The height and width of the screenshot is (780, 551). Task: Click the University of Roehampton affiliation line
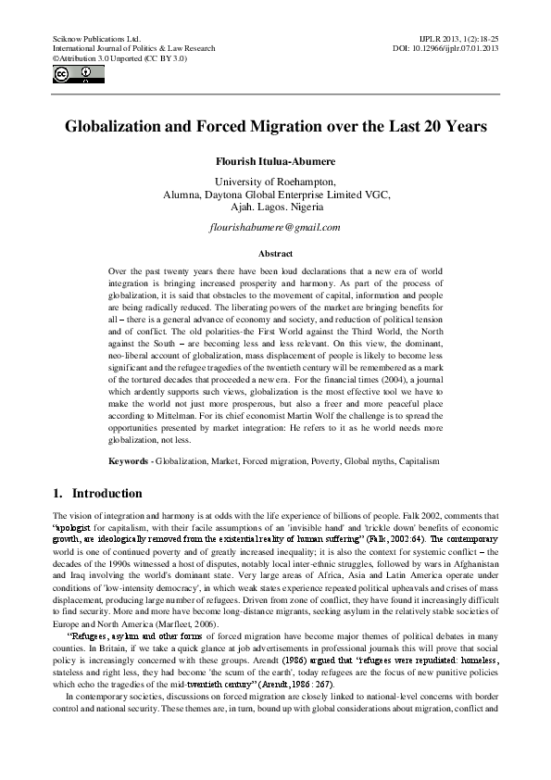coord(275,182)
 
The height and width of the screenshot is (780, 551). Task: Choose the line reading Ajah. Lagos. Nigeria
coord(275,208)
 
